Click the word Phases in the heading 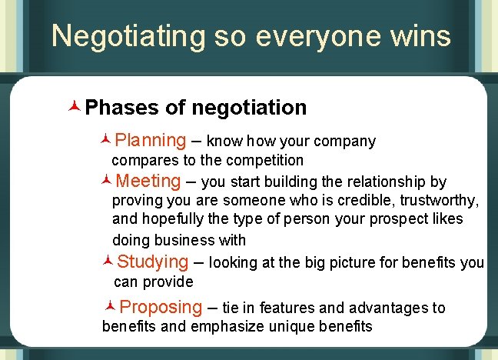pos(122,108)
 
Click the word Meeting pos(149,182)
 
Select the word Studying pos(153,262)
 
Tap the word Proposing pos(161,308)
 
